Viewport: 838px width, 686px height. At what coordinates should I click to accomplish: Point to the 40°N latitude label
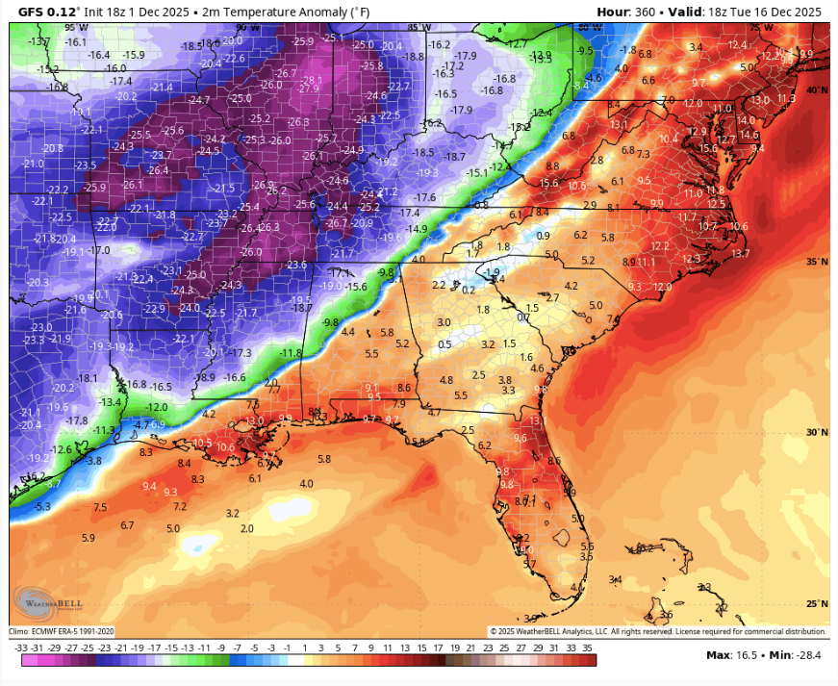[816, 89]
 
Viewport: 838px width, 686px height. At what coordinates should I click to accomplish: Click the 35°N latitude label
[816, 262]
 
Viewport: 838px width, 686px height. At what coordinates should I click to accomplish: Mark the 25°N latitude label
[816, 604]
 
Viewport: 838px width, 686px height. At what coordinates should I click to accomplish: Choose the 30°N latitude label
[816, 433]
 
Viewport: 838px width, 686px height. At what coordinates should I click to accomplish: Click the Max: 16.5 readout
[730, 655]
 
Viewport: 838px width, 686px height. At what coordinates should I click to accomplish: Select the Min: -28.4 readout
[794, 655]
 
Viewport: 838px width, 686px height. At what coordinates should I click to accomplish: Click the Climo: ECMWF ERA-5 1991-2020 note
[63, 631]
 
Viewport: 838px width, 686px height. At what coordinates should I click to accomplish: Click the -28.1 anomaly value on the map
[311, 80]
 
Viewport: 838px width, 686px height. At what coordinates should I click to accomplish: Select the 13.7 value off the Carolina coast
[740, 253]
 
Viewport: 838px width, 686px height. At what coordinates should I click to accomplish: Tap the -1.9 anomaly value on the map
[493, 273]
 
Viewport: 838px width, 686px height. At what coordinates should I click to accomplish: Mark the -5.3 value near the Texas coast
[42, 506]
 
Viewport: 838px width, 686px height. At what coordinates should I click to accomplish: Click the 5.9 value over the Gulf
[89, 538]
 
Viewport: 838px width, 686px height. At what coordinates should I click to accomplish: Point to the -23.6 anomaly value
[295, 265]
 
